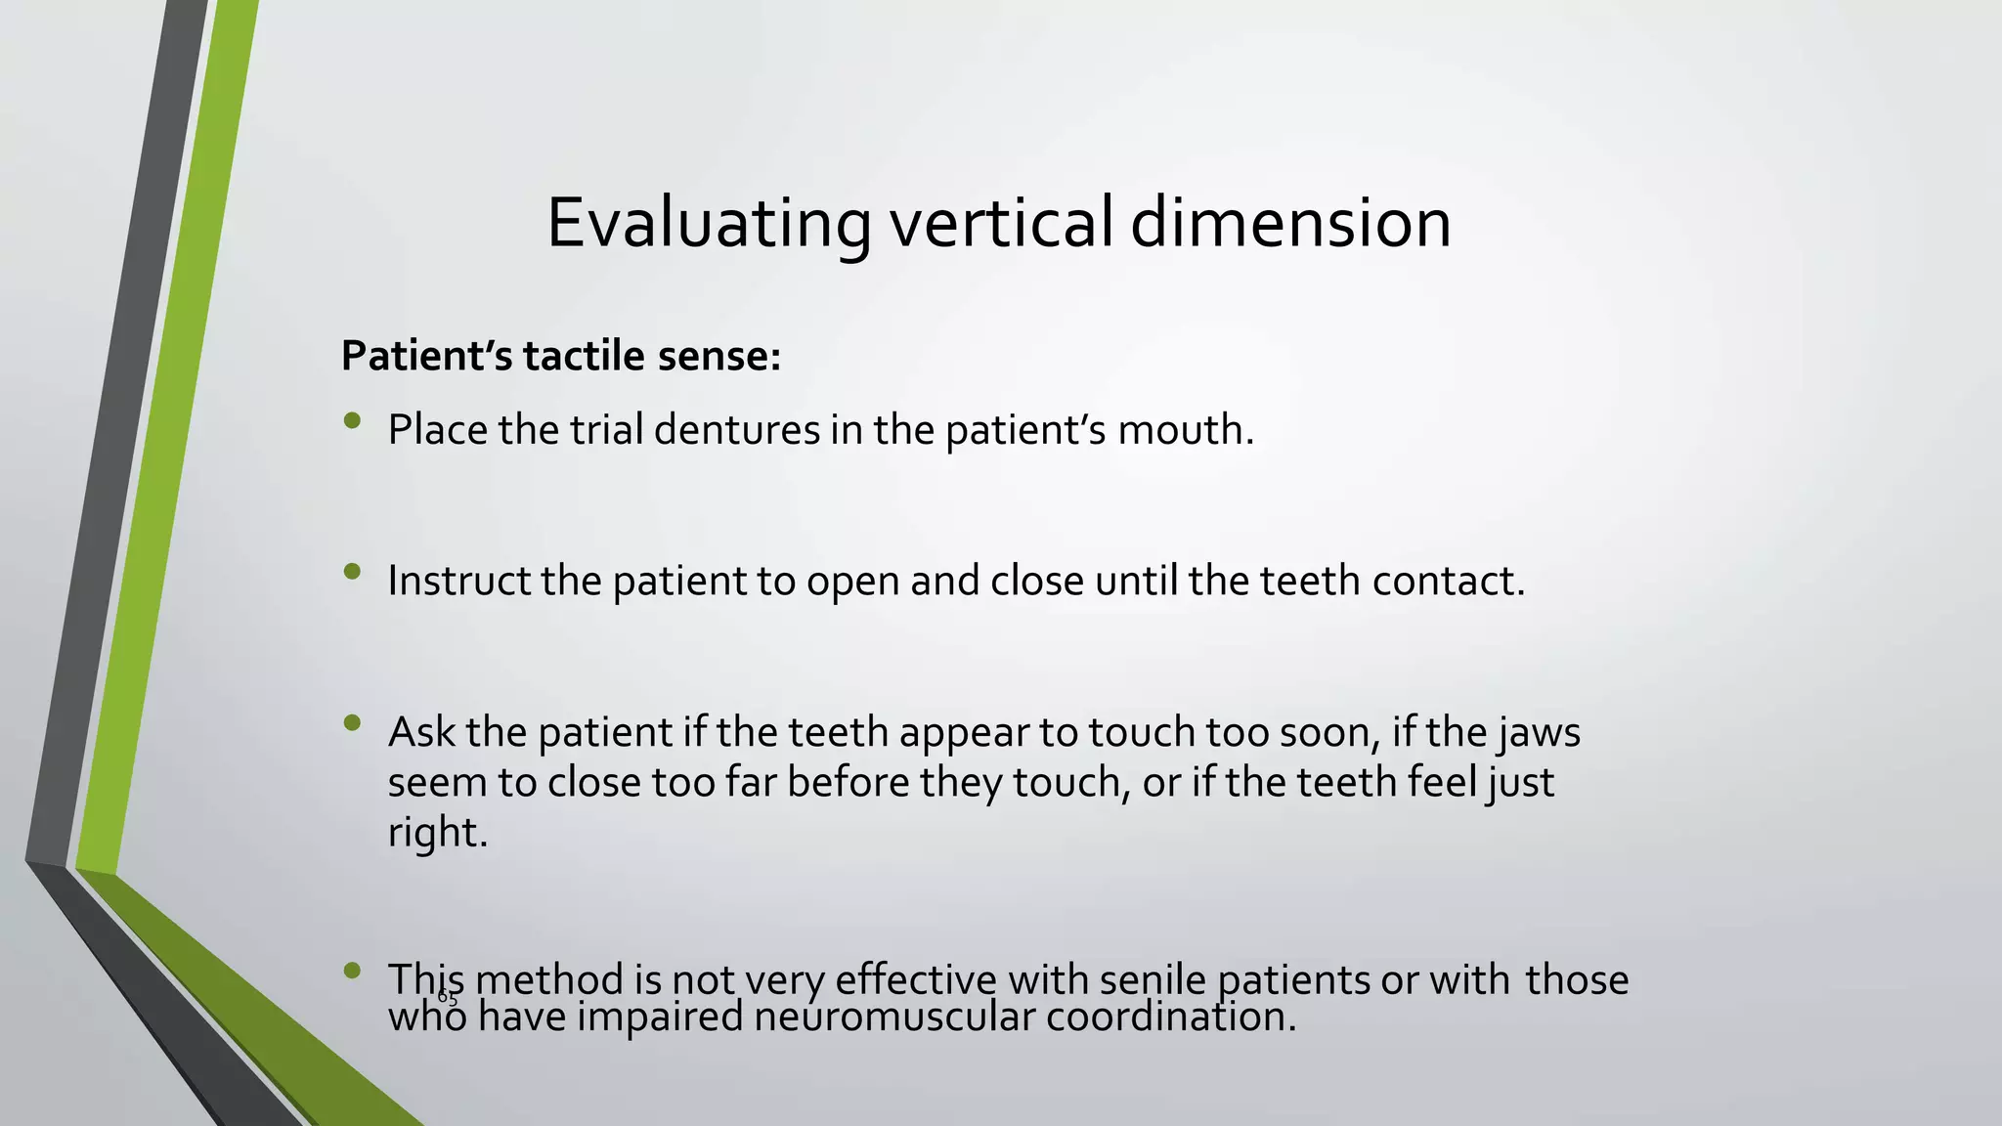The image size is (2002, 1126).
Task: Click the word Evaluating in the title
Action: click(708, 224)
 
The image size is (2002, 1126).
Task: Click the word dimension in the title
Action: click(1290, 224)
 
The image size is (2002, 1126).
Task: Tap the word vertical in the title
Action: click(1001, 224)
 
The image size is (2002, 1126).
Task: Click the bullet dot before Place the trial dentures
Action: click(353, 421)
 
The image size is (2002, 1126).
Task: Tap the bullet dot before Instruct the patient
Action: click(353, 572)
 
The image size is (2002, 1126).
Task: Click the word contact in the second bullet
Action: click(1443, 581)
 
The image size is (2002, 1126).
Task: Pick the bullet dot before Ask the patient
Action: click(353, 723)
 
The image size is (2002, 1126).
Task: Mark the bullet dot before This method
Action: click(353, 971)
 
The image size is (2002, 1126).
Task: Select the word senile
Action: click(1153, 979)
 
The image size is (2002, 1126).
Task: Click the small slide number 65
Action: click(448, 997)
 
